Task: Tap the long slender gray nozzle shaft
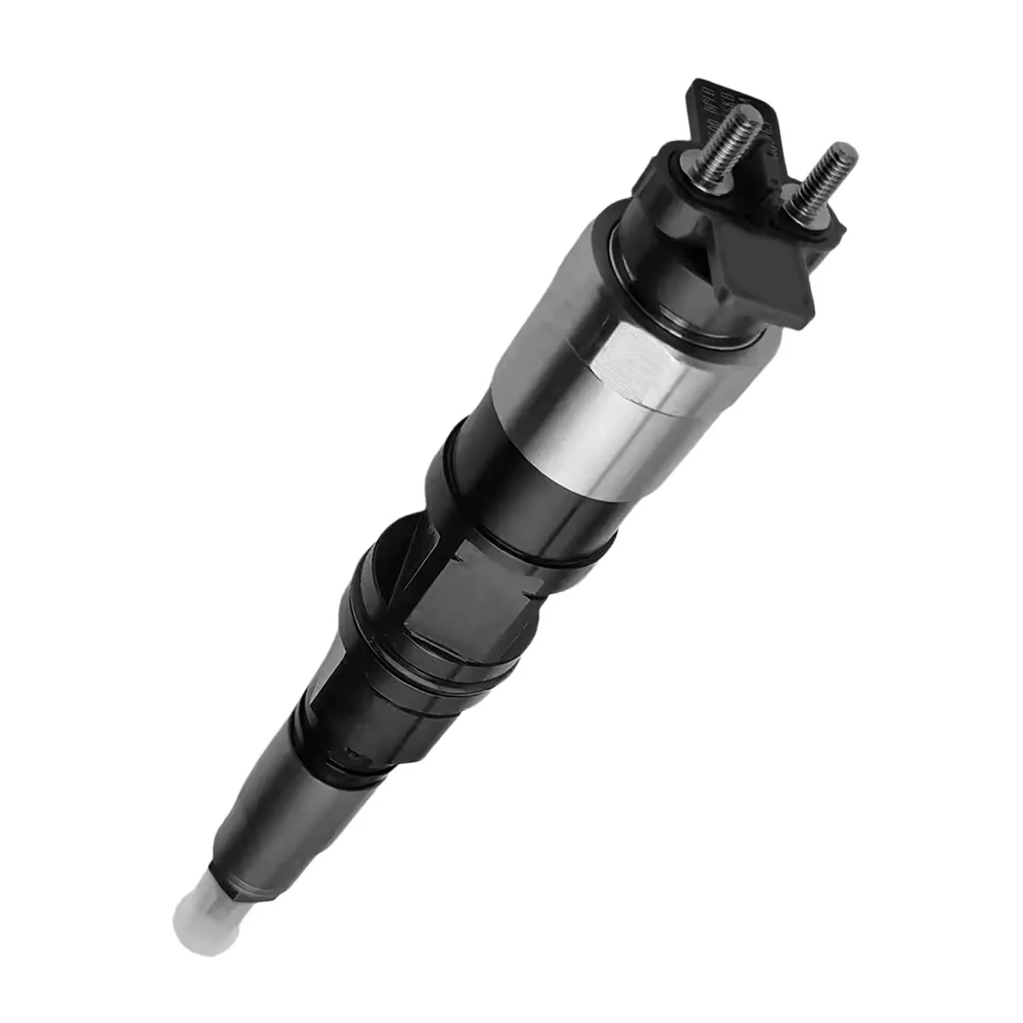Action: click(273, 805)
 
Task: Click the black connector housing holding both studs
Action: click(743, 225)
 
